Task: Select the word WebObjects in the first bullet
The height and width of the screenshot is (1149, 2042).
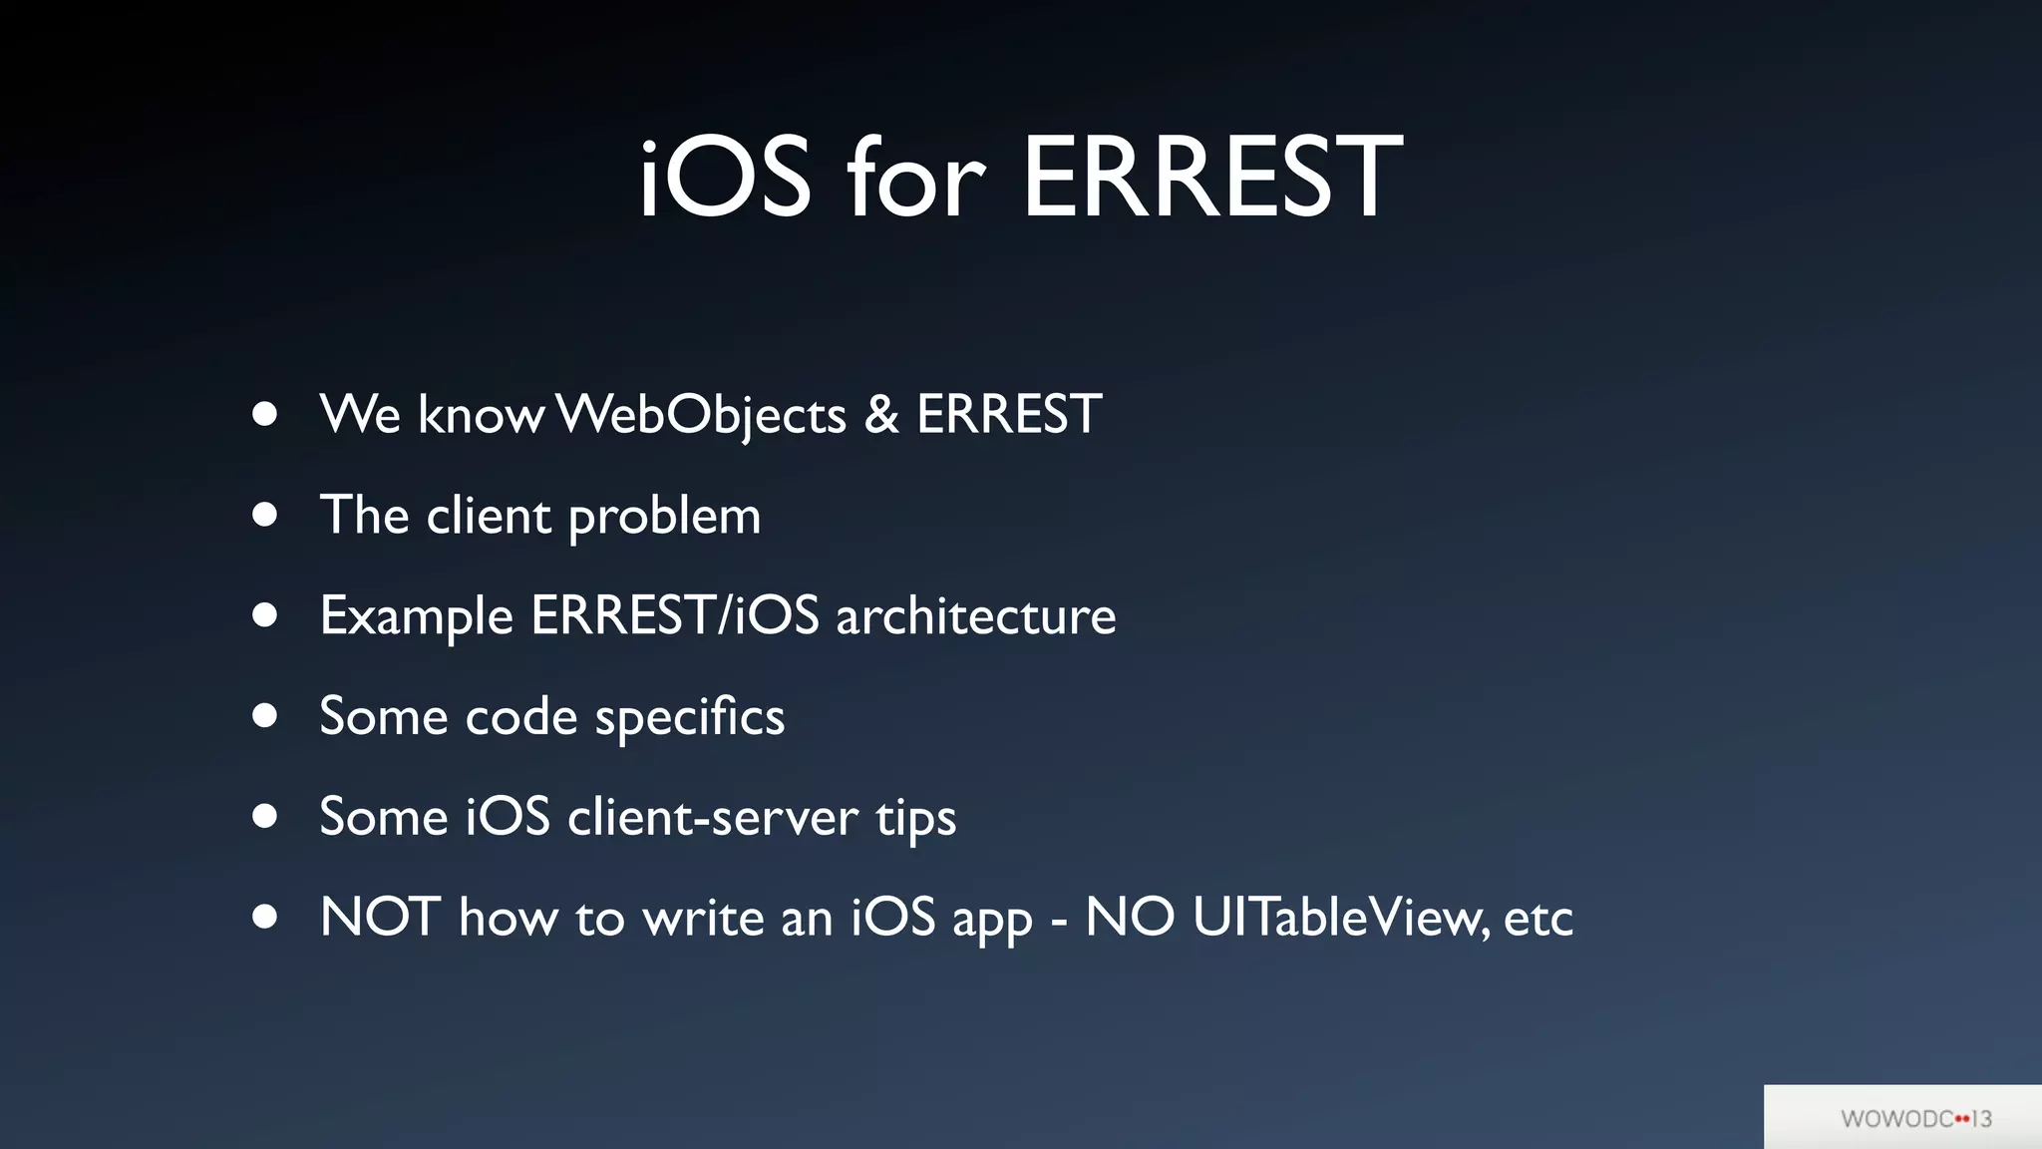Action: tap(701, 415)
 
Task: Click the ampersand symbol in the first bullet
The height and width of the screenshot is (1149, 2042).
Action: tap(881, 415)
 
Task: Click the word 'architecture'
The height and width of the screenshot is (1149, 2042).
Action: tap(975, 616)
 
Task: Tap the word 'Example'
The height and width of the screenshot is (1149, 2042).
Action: tap(416, 616)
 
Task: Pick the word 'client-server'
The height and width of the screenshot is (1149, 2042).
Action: tap(712, 818)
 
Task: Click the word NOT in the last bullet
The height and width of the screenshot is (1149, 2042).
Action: tap(380, 917)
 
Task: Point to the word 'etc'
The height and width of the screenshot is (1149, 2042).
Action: tap(1537, 919)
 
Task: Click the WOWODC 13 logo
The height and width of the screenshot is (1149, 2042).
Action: tap(1915, 1118)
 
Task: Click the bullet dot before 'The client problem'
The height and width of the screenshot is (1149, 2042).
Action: tap(264, 515)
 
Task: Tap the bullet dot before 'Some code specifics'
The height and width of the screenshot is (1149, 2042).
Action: tap(264, 715)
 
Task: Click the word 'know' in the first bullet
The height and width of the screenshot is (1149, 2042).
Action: tap(481, 415)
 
